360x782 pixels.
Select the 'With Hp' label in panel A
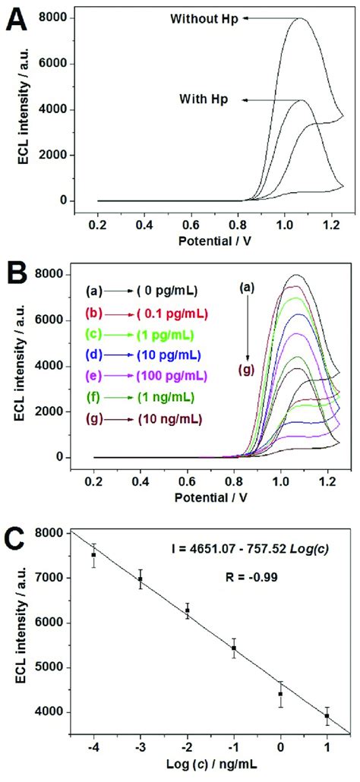pyautogui.click(x=204, y=99)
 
